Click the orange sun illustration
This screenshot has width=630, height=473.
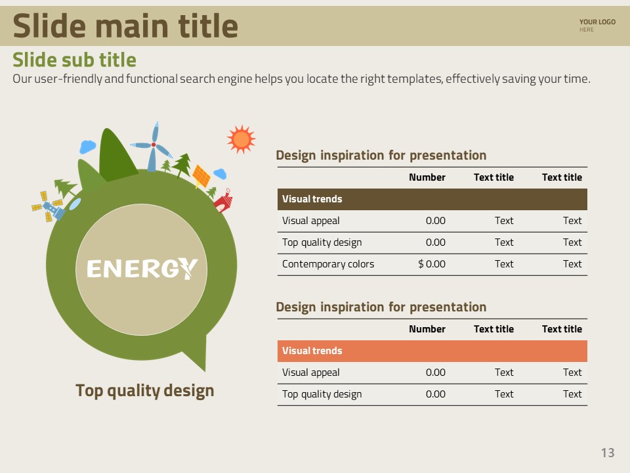point(241,139)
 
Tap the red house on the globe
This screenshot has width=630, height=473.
point(223,200)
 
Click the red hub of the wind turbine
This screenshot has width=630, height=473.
point(154,145)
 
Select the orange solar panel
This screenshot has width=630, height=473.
point(201,176)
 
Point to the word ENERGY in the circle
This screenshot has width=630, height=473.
point(142,269)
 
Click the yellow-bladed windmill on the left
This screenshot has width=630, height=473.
point(48,206)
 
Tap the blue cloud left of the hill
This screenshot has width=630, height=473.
point(87,146)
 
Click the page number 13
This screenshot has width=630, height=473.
point(608,453)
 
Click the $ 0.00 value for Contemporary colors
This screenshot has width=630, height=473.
point(432,264)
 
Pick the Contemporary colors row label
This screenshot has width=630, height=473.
point(328,264)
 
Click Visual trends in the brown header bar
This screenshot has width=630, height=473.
point(312,198)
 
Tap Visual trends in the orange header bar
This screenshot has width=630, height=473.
point(312,350)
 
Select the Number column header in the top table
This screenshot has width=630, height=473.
point(427,177)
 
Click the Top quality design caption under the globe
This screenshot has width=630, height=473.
point(144,390)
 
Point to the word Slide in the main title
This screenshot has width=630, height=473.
point(49,26)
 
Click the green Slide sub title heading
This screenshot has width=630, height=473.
point(74,60)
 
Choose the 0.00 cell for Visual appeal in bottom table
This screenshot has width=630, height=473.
point(436,372)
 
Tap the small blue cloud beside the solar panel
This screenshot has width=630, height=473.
point(220,173)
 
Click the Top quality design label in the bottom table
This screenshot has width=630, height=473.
point(322,394)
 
